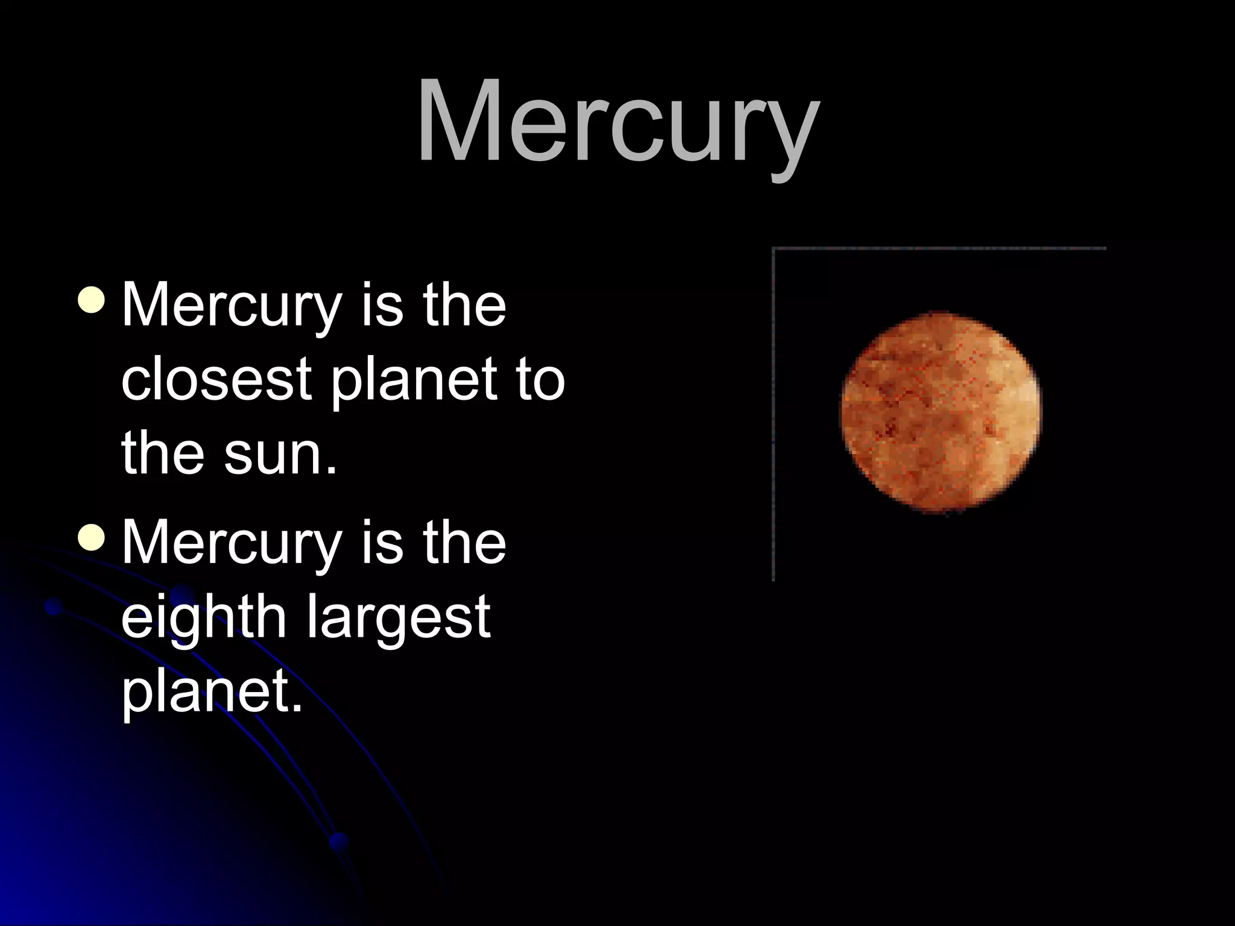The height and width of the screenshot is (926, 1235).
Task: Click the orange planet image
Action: [941, 413]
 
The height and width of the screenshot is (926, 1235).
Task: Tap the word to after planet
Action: [540, 380]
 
